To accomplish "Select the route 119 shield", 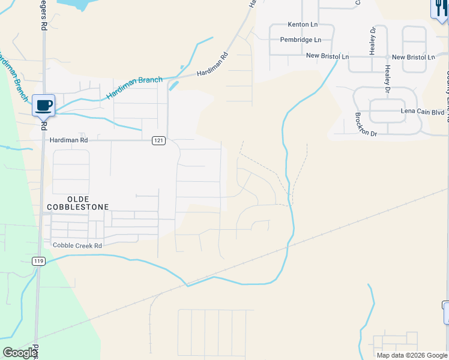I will tap(39, 261).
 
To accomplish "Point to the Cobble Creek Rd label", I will tap(77, 245).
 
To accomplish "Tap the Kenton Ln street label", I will tap(303, 25).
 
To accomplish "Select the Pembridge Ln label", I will tap(301, 40).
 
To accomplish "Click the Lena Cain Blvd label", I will tap(422, 112).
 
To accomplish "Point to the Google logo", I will tap(19, 353).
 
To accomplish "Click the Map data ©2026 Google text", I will tap(411, 355).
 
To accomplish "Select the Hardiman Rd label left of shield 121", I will tap(69, 140).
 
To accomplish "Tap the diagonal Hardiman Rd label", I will tap(213, 65).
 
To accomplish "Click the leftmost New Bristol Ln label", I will tap(327, 56).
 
